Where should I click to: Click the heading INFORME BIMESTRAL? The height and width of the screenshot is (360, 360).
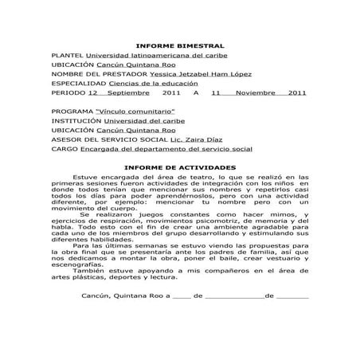coord(180,47)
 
